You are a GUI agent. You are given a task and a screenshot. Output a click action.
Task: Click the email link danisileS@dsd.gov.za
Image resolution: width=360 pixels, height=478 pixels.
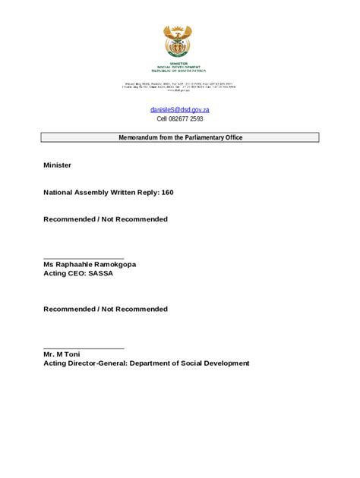(180, 110)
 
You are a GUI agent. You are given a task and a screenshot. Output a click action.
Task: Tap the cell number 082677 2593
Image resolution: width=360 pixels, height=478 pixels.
(186, 119)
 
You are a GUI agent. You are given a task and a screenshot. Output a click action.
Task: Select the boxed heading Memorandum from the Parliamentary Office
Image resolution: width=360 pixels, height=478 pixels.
(180, 137)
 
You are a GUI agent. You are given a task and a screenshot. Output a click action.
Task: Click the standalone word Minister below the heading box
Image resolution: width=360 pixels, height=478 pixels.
(58, 165)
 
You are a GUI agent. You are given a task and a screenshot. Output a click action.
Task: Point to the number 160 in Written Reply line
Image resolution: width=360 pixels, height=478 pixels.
(167, 192)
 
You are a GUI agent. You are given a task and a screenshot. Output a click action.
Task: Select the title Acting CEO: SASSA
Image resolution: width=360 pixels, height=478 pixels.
(78, 273)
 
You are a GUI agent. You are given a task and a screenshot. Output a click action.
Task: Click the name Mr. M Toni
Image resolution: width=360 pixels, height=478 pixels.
(62, 354)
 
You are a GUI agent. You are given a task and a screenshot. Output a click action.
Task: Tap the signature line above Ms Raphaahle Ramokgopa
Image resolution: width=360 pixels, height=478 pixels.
(84, 258)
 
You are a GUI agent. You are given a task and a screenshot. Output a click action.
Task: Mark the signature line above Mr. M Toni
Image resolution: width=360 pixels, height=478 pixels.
(84, 347)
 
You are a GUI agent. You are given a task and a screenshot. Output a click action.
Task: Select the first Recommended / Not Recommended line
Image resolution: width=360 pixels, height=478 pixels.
(106, 219)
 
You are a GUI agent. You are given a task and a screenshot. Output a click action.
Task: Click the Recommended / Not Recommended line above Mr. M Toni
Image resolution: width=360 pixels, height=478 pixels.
(106, 309)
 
